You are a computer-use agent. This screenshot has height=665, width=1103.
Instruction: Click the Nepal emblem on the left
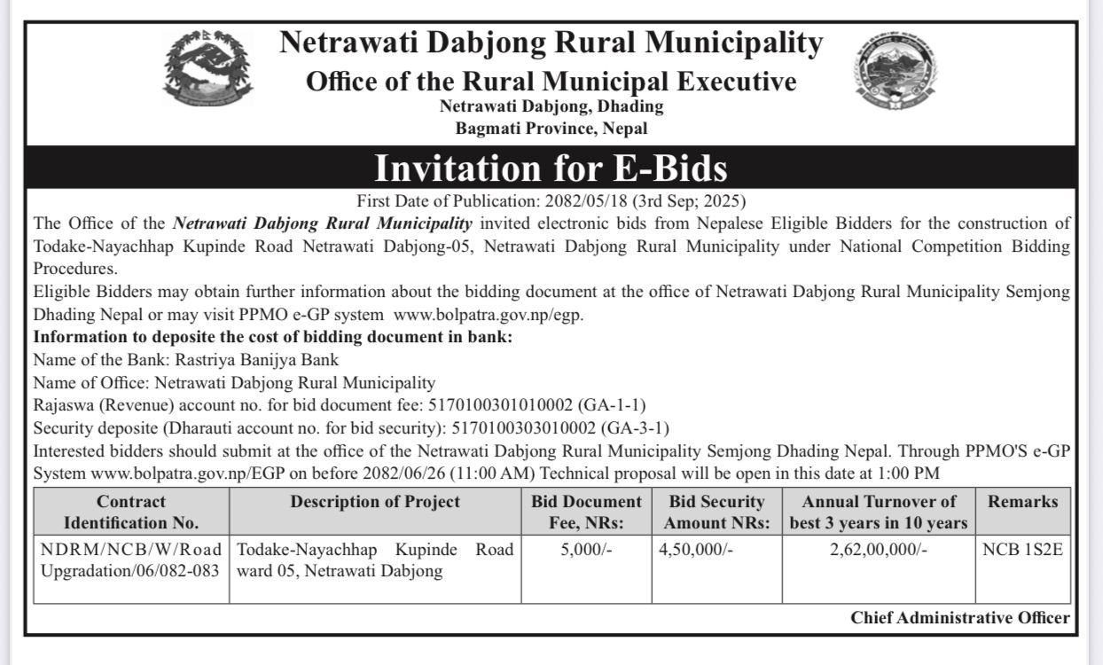click(207, 68)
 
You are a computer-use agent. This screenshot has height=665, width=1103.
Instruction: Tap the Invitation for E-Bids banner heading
click(551, 168)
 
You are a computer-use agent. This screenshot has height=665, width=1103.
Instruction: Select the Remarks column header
click(1022, 502)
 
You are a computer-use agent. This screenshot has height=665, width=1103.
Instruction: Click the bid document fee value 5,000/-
click(586, 550)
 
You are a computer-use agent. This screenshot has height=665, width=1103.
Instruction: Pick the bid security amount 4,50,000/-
click(696, 550)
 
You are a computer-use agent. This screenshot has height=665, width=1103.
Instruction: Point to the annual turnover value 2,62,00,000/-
click(879, 550)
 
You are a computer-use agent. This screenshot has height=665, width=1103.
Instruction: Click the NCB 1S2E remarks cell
click(1022, 550)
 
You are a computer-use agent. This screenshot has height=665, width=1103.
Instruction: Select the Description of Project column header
click(375, 502)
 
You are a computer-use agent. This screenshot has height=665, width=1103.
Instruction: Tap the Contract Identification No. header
click(131, 512)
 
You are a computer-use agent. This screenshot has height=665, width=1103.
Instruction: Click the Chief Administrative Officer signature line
click(960, 618)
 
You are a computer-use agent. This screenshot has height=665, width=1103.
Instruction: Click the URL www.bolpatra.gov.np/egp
click(489, 314)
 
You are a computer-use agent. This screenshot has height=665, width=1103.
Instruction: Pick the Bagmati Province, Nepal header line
click(551, 129)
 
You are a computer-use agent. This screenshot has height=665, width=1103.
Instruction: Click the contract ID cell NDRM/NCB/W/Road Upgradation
click(131, 560)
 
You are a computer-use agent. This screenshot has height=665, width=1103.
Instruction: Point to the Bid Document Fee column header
click(586, 512)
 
